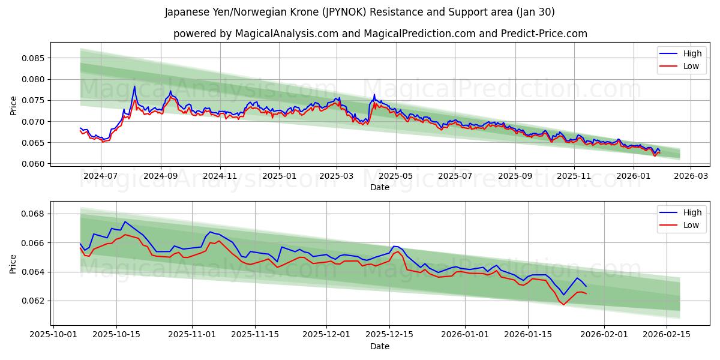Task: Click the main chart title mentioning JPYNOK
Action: [360, 12]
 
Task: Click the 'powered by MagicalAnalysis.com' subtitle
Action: [380, 34]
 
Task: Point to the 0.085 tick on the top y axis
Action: [33, 58]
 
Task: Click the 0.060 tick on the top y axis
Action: [33, 164]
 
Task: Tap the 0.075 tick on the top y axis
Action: [33, 100]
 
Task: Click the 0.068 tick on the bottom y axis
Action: [33, 214]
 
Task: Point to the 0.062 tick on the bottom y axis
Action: [33, 301]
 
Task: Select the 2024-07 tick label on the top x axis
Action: [100, 176]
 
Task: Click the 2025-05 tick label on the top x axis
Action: [395, 176]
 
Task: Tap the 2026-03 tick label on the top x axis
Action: [690, 176]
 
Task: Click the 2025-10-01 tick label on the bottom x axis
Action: [53, 335]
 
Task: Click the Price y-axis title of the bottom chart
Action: [13, 263]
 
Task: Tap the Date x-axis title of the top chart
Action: [380, 187]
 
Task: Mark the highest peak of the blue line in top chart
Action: [134, 86]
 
